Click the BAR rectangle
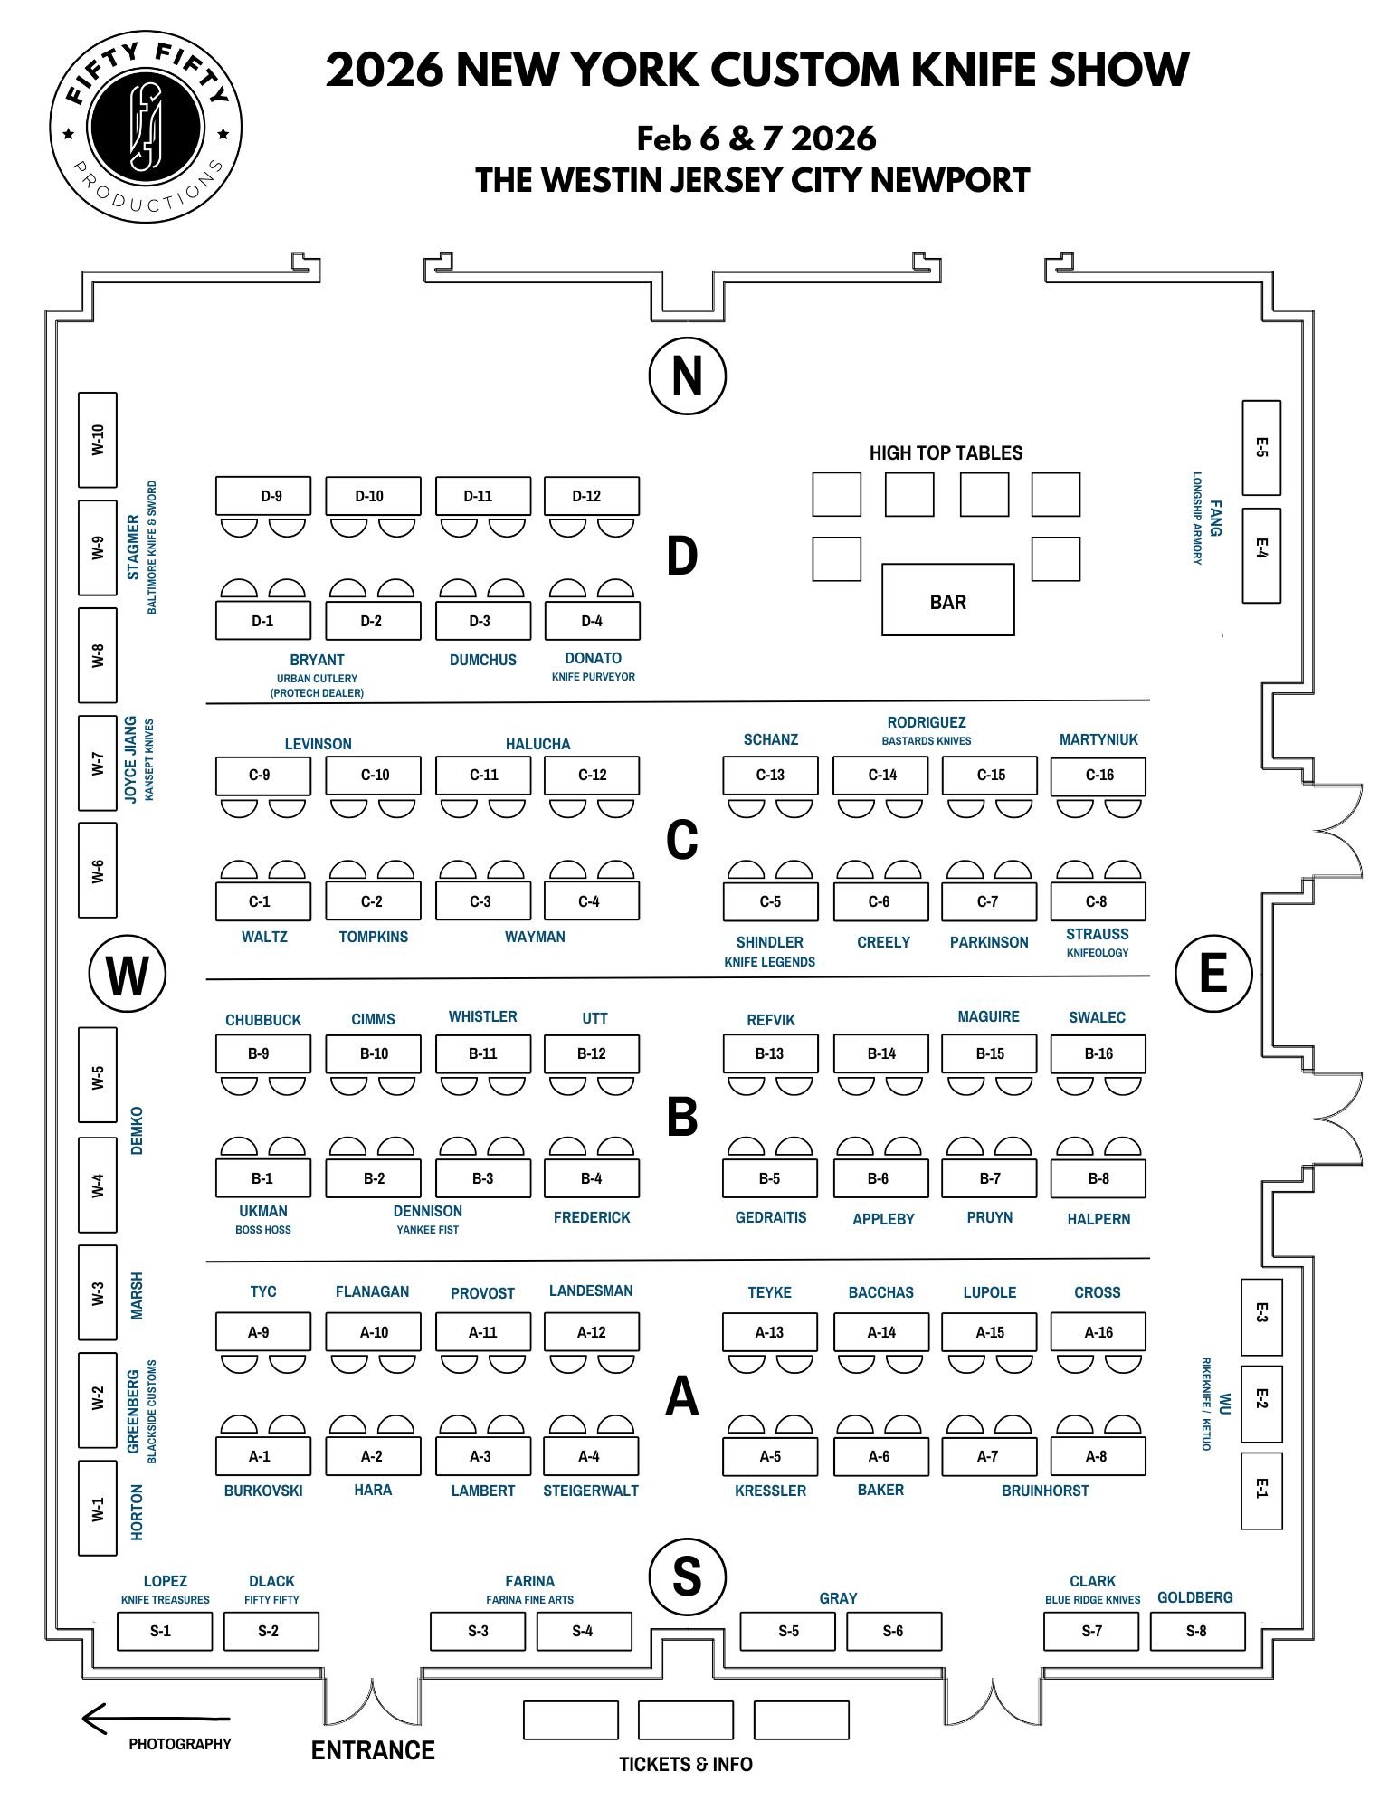click(x=947, y=600)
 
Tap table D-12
click(x=591, y=496)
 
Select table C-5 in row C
click(x=770, y=901)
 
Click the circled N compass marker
click(x=687, y=376)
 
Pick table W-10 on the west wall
click(x=98, y=439)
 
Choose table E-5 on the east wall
click(x=1260, y=447)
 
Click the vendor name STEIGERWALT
click(x=591, y=1491)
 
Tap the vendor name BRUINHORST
click(x=1045, y=1491)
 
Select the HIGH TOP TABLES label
click(x=946, y=453)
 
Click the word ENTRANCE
click(x=373, y=1750)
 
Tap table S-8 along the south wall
click(x=1197, y=1631)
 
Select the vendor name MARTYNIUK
click(x=1098, y=739)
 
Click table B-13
click(x=770, y=1053)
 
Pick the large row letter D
click(x=681, y=556)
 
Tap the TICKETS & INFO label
click(x=685, y=1764)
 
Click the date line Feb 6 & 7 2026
click(x=756, y=138)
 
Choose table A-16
click(x=1098, y=1332)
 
